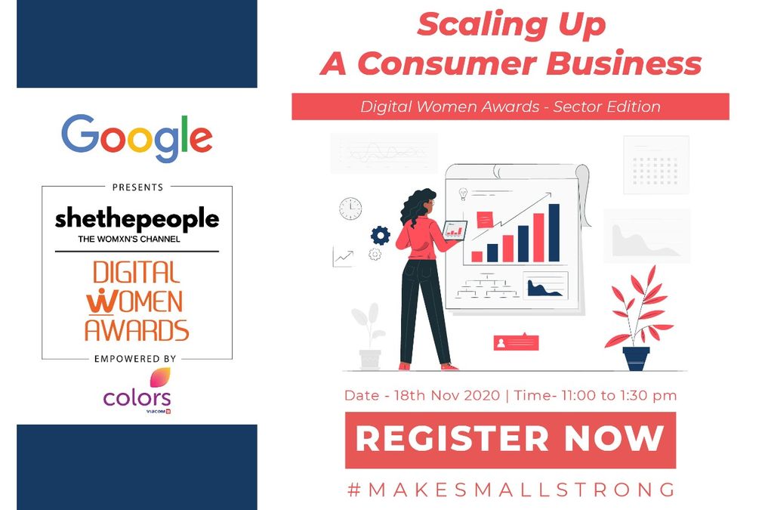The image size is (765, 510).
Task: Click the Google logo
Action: click(137, 138)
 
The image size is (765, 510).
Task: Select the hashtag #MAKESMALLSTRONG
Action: click(511, 490)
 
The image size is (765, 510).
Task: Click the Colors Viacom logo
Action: click(137, 392)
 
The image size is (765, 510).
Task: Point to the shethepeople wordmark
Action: click(137, 220)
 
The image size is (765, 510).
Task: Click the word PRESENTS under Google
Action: click(137, 187)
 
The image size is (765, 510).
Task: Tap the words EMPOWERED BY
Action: click(137, 358)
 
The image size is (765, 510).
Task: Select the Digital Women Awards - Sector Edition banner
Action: click(510, 107)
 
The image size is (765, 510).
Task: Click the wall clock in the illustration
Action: click(350, 208)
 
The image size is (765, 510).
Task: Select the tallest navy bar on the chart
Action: click(554, 232)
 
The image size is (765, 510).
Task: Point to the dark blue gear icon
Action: click(380, 235)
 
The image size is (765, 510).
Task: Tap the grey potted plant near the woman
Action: click(369, 336)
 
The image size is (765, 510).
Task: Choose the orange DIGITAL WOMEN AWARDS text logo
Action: click(137, 300)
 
